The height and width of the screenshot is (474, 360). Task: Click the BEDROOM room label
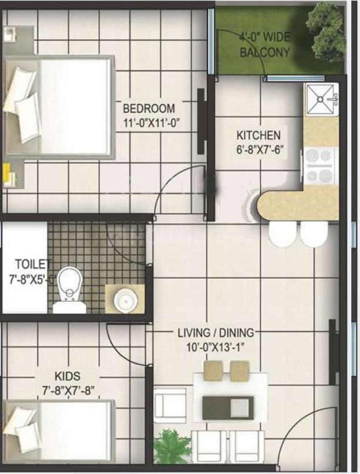149,109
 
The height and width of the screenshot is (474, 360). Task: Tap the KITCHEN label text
258,136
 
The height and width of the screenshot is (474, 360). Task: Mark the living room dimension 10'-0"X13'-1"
216,348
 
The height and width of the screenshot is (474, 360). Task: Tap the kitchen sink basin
320,99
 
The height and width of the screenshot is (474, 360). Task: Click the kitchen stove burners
320,165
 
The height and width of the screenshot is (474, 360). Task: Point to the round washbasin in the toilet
124,299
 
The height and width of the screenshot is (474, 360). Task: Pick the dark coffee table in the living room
228,408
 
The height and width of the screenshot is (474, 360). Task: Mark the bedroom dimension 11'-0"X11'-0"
149,122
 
